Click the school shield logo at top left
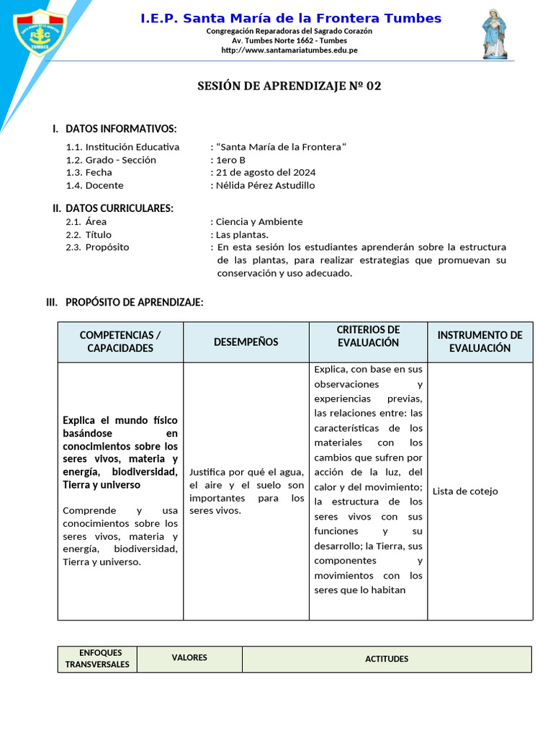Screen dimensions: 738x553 point(41,31)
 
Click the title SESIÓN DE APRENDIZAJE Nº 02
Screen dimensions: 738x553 point(289,86)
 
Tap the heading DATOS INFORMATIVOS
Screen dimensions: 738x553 point(120,129)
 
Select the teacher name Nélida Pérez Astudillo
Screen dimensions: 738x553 point(266,186)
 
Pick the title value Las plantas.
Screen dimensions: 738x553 point(242,235)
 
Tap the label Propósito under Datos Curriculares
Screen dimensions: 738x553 point(107,247)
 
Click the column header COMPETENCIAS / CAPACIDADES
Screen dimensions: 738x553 point(120,342)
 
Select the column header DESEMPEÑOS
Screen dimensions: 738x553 point(246,342)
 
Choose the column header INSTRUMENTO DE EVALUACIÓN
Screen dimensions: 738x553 point(480,342)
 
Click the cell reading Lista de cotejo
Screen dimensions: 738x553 point(465,492)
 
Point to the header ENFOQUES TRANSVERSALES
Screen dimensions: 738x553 point(97,659)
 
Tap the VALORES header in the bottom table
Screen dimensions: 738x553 point(189,658)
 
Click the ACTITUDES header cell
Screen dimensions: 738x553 point(387,659)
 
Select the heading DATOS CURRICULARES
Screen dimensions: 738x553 point(119,208)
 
